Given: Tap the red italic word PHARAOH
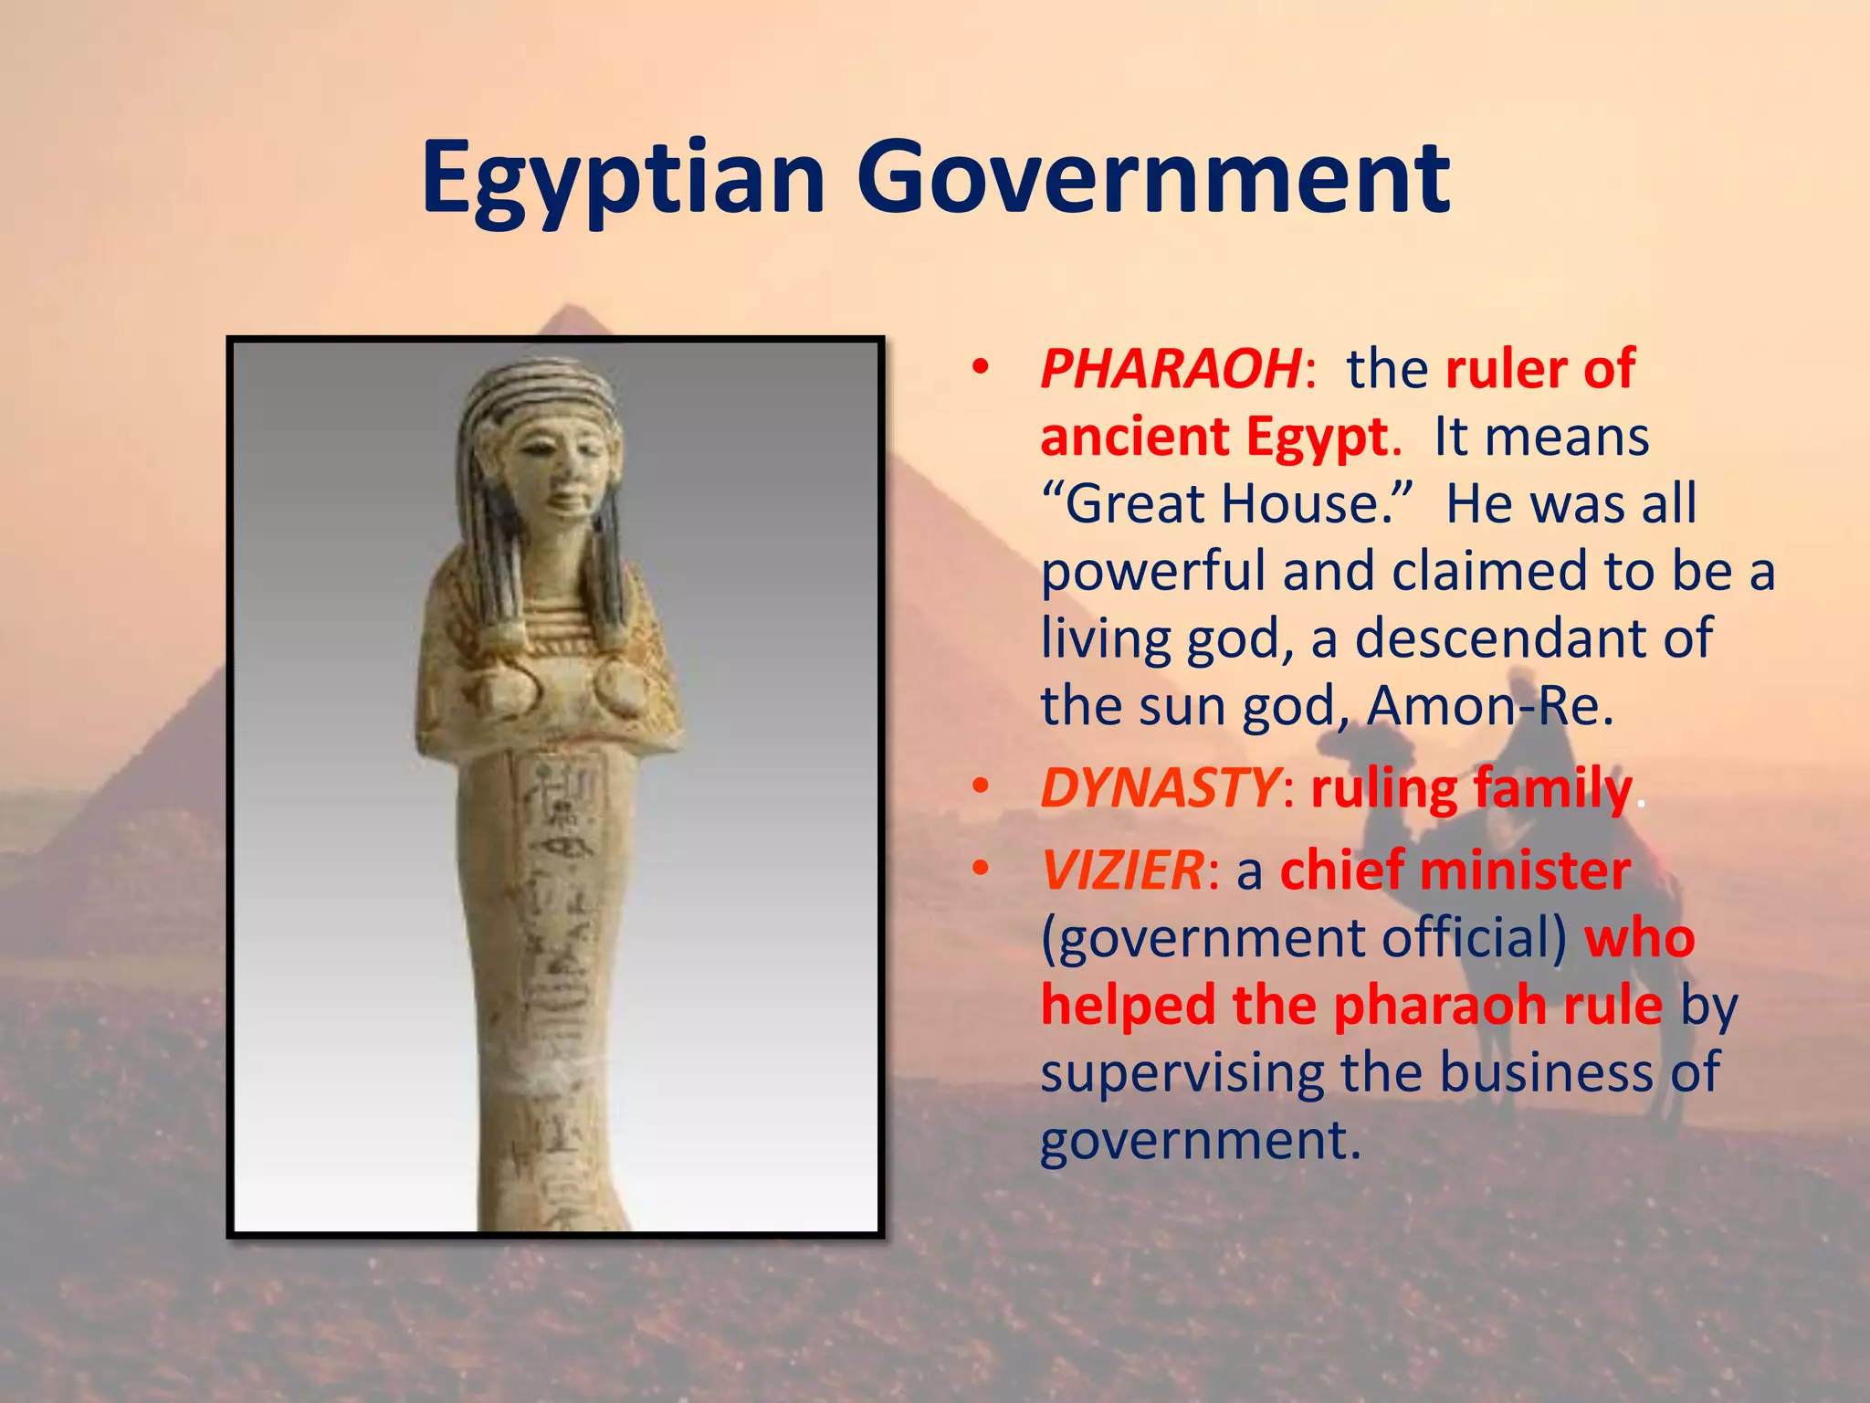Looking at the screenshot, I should point(1171,369).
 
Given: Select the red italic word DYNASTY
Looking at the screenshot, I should point(1158,787).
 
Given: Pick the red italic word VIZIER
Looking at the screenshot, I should point(1122,870).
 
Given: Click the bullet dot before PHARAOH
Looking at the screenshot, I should point(981,368).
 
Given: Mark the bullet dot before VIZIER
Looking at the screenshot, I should point(981,869).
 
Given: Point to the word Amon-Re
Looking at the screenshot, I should point(1489,705).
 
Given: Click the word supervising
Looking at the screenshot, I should point(1182,1072).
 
